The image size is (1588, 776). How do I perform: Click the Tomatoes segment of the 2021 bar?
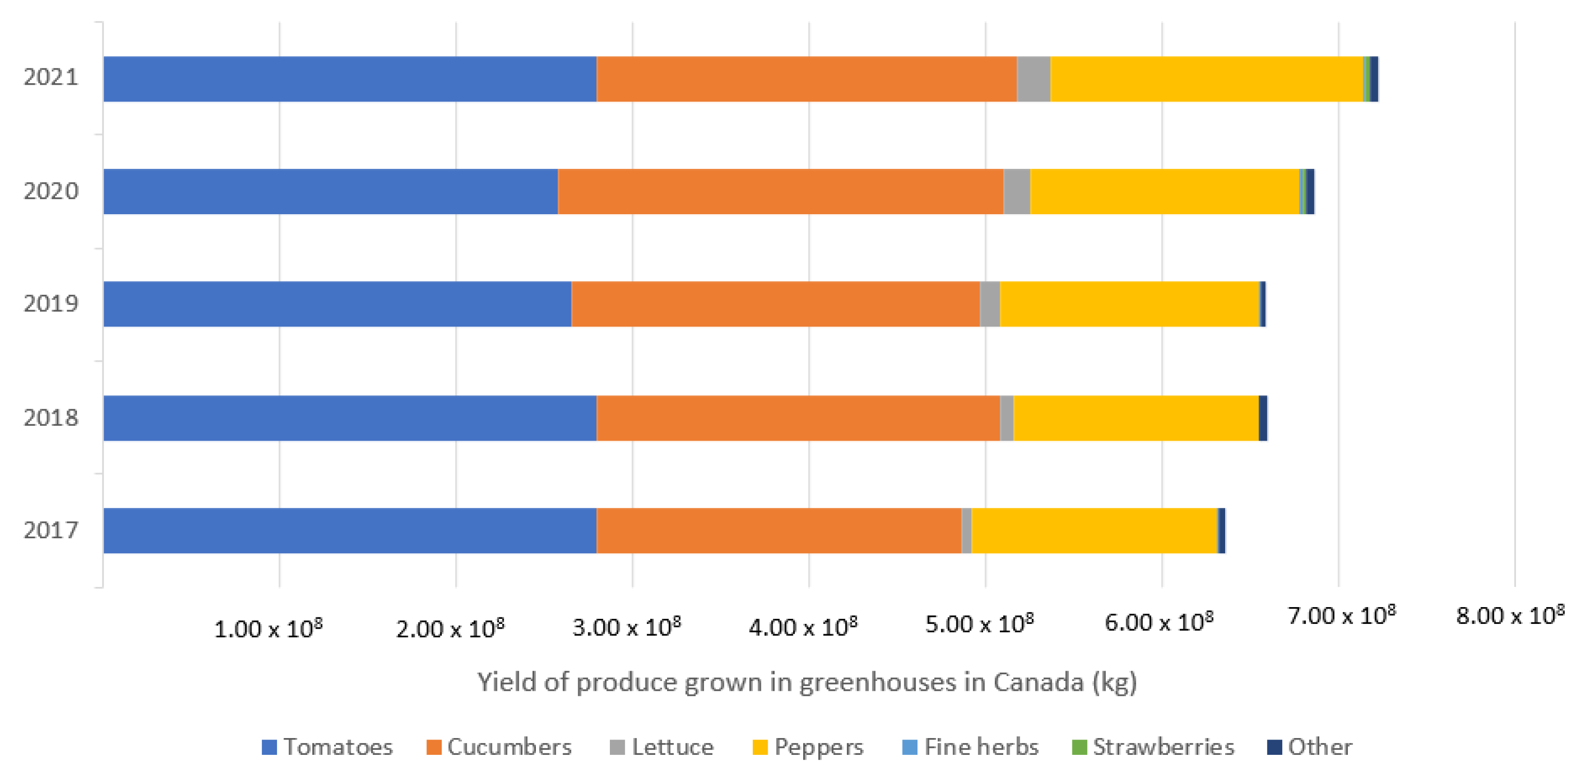[350, 79]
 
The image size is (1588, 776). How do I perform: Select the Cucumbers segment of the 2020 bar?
[780, 192]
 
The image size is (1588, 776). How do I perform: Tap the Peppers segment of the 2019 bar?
[1128, 304]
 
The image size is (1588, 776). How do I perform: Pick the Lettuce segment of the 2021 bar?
[1033, 79]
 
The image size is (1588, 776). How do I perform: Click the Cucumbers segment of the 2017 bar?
[778, 530]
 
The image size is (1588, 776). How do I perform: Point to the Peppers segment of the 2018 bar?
[1135, 418]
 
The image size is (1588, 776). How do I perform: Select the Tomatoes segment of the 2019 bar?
[337, 304]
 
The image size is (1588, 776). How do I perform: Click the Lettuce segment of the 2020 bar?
[1017, 192]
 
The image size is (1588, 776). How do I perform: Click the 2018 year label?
[51, 418]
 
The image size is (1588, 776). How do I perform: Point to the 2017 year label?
[51, 530]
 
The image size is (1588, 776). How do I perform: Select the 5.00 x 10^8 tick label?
[979, 624]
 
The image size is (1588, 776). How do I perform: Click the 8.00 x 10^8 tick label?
[1510, 615]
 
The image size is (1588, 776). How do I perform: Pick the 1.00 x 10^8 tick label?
[268, 629]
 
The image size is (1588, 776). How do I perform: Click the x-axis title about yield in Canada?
[807, 682]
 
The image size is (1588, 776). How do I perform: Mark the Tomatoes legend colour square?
[269, 747]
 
